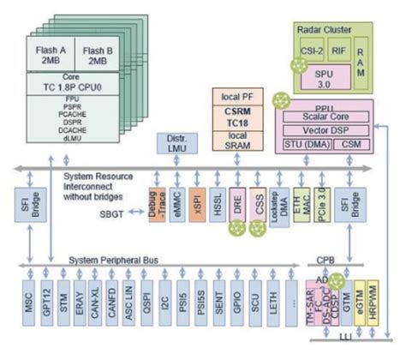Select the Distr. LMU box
tap(172, 141)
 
